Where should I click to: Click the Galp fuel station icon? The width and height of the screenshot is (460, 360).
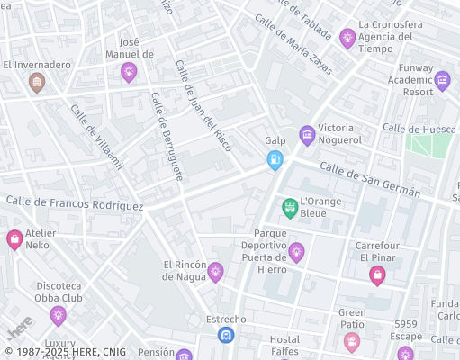pyautogui.click(x=275, y=160)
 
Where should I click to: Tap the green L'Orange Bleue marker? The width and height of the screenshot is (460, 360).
pyautogui.click(x=290, y=208)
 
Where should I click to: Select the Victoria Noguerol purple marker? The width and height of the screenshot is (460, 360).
pyautogui.click(x=307, y=135)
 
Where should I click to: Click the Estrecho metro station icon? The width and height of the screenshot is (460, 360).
pyautogui.click(x=226, y=335)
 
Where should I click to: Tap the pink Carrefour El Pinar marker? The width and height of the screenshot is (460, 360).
pyautogui.click(x=377, y=275)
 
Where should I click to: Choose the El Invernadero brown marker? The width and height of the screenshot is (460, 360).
pyautogui.click(x=37, y=84)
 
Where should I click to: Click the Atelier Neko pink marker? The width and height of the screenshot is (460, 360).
pyautogui.click(x=14, y=239)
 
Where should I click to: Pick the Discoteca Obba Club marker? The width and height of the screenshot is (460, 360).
pyautogui.click(x=59, y=315)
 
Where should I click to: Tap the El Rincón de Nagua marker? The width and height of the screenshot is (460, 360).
pyautogui.click(x=215, y=271)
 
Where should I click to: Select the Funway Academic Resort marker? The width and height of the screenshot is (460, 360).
pyautogui.click(x=442, y=82)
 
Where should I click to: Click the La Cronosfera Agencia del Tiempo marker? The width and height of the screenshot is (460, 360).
pyautogui.click(x=347, y=38)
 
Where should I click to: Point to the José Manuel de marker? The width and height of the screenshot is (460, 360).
pyautogui.click(x=129, y=70)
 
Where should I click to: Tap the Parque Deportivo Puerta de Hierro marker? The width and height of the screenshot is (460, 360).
pyautogui.click(x=296, y=251)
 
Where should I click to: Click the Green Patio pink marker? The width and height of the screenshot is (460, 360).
pyautogui.click(x=351, y=341)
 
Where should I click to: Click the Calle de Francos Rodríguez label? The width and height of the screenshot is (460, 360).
pyautogui.click(x=74, y=202)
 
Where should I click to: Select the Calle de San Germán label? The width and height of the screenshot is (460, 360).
pyautogui.click(x=370, y=180)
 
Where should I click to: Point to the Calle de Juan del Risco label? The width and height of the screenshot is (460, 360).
pyautogui.click(x=203, y=104)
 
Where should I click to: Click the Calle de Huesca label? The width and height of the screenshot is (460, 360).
pyautogui.click(x=419, y=129)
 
